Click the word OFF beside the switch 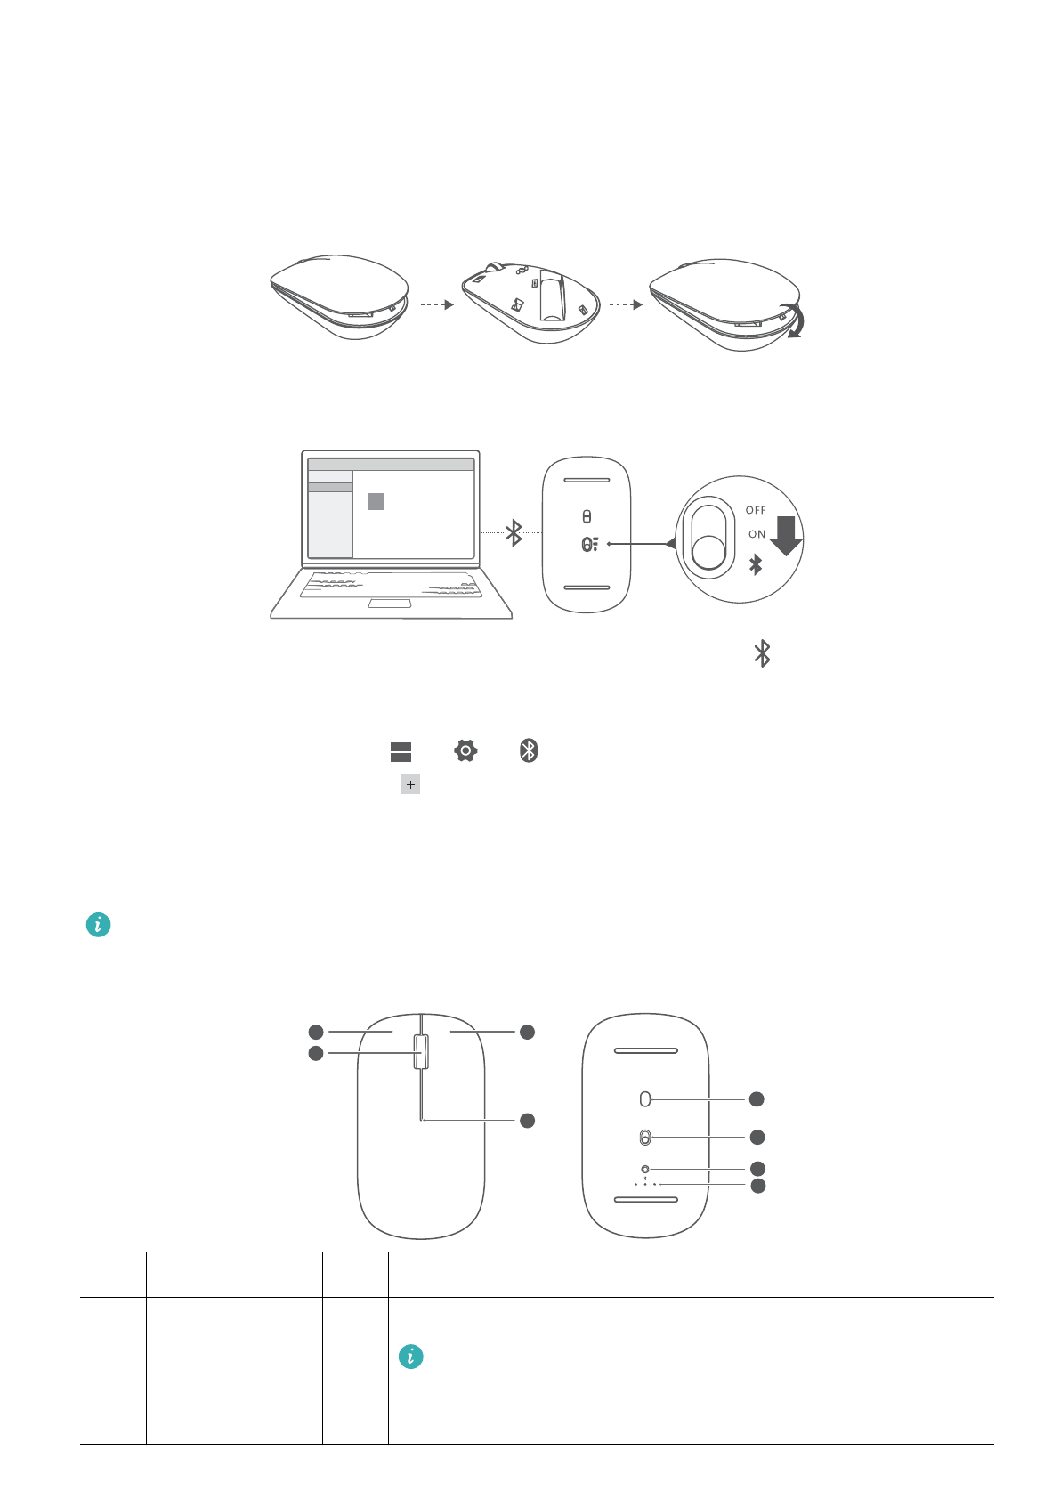pos(756,510)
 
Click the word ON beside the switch pos(757,534)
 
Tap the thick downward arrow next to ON pos(786,535)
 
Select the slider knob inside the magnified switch pos(708,553)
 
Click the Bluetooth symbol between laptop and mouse pos(514,532)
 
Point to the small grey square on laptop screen pos(376,501)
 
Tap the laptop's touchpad pos(390,604)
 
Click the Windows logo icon pos(401,752)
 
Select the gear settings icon pos(465,750)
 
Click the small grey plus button pos(410,784)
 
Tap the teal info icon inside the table pos(410,1357)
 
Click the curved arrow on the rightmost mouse pos(791,322)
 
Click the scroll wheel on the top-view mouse pos(421,1051)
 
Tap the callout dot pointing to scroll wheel pos(315,1054)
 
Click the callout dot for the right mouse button pos(527,1032)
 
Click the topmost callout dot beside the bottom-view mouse pos(757,1099)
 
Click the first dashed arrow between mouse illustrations pos(437,304)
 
